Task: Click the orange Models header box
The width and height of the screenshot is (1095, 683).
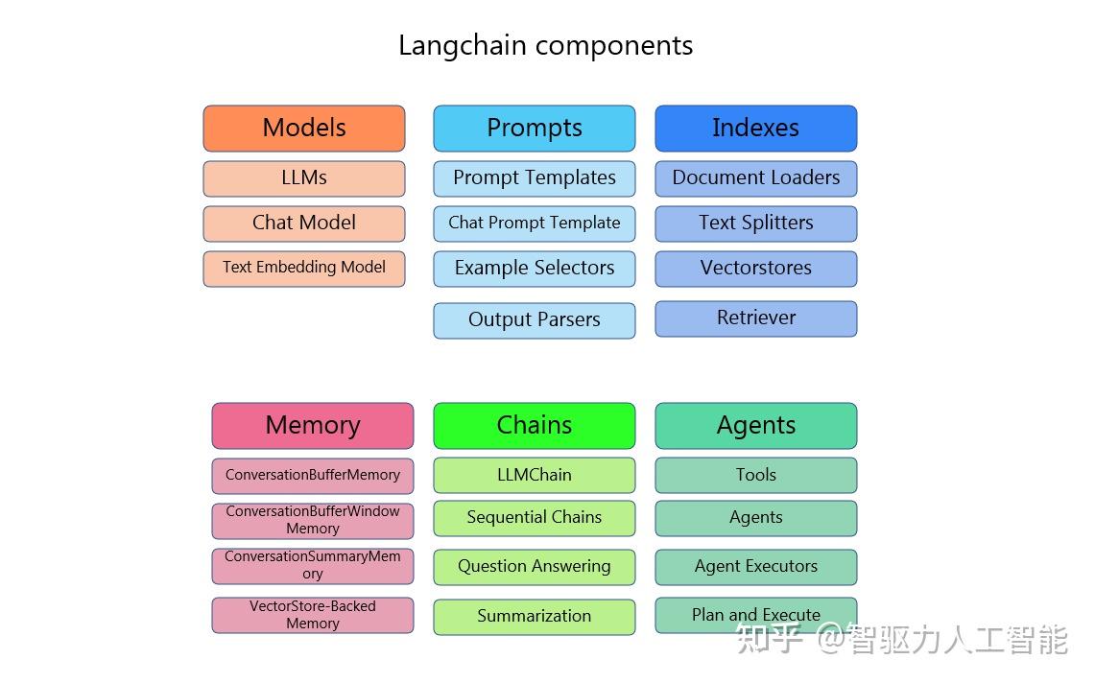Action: point(304,129)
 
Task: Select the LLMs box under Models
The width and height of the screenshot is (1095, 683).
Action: point(304,178)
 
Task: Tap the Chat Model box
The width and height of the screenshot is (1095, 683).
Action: point(304,224)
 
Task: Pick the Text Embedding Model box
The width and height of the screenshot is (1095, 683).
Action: point(304,269)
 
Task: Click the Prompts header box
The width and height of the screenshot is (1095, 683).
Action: point(535,129)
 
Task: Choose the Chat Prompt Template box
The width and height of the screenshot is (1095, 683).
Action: point(535,224)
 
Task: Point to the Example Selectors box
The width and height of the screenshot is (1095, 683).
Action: point(535,269)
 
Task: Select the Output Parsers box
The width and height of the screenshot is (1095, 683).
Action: point(535,320)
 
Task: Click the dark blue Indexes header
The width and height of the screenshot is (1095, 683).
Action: point(756,129)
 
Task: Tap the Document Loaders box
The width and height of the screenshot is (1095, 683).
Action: point(756,178)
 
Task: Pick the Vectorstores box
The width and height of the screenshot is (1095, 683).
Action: point(756,269)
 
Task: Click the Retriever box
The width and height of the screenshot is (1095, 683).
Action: point(756,318)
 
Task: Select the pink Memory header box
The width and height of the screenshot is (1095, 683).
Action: point(313,426)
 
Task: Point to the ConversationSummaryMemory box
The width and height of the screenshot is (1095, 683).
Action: point(313,566)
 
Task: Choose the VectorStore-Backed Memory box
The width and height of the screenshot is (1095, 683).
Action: point(313,615)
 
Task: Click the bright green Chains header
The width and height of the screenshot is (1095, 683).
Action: point(535,426)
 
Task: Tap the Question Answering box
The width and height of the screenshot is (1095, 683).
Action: point(535,567)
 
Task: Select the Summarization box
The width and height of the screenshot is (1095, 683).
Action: point(535,617)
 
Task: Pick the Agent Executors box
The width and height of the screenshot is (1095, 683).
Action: point(756,567)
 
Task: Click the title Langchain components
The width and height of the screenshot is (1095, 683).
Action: point(546,46)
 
